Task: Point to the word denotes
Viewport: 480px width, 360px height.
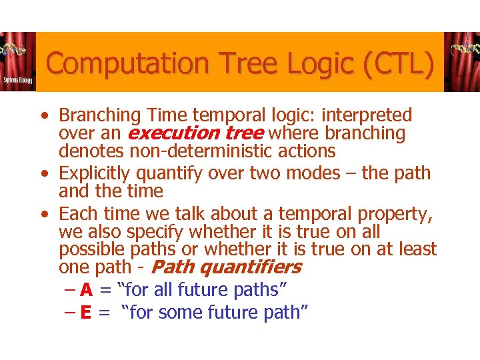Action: [x=89, y=151]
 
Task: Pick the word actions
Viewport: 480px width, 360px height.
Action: [x=309, y=151]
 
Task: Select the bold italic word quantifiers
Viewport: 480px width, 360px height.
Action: [x=251, y=267]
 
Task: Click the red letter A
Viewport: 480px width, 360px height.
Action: [x=86, y=290]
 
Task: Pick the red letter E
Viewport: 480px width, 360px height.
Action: [x=86, y=312]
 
